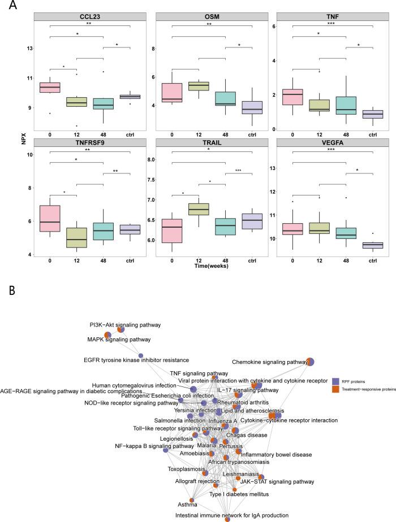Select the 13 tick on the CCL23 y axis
pyautogui.click(x=28, y=48)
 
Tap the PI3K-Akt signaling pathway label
pyautogui.click(x=125, y=325)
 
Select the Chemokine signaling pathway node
pyautogui.click(x=310, y=362)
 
